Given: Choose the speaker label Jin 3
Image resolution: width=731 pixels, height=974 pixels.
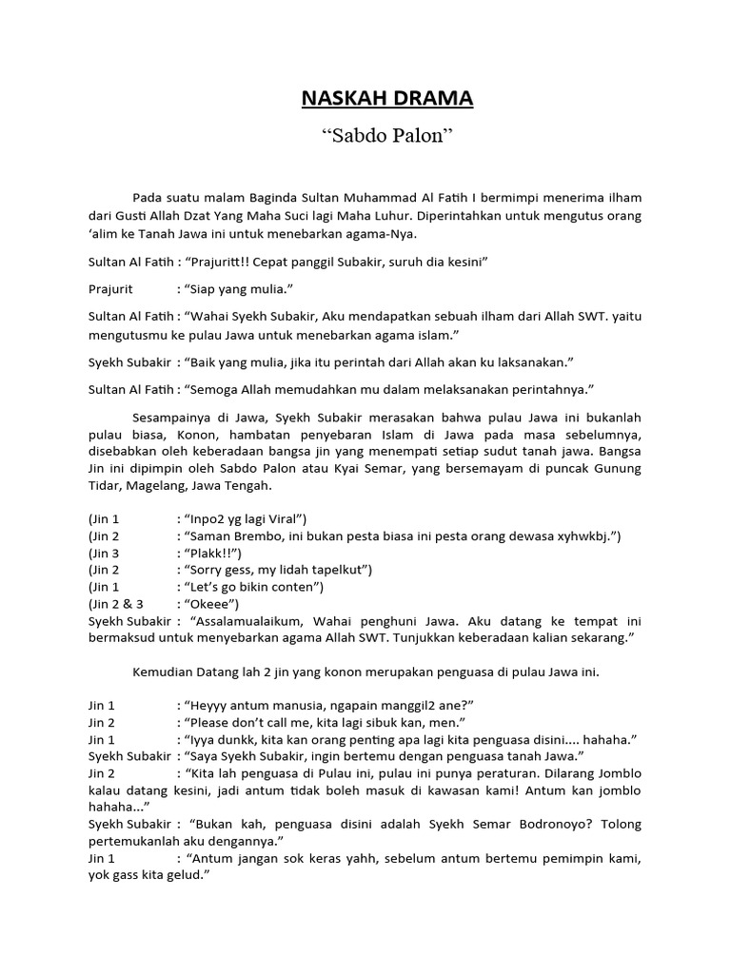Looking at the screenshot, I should pos(105,554).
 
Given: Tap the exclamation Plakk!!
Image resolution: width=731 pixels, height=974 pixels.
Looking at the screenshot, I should pos(213,554).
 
